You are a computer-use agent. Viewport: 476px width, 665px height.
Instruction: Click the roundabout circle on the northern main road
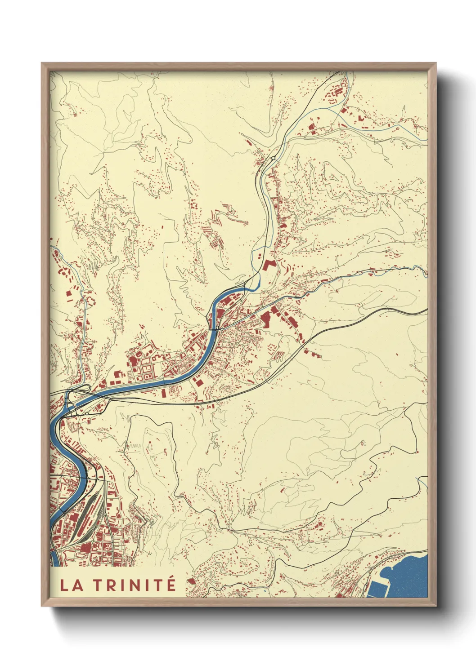(x=273, y=158)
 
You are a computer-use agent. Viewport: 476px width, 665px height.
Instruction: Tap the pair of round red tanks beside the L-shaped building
(x=260, y=256)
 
